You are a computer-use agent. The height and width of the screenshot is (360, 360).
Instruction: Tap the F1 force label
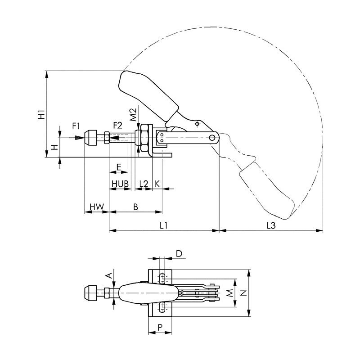(x=76, y=126)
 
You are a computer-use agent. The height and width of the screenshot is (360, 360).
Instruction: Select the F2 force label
(x=118, y=126)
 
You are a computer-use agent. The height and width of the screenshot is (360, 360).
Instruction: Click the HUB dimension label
(x=120, y=184)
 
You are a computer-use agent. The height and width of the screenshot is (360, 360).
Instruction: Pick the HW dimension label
(x=96, y=207)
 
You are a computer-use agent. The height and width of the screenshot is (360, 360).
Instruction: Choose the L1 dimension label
(x=163, y=225)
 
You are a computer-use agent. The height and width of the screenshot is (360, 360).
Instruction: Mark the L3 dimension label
(x=271, y=225)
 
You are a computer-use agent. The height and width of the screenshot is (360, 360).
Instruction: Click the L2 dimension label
(x=144, y=184)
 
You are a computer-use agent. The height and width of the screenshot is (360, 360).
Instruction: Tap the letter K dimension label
(x=157, y=184)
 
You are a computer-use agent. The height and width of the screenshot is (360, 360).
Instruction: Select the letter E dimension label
(x=118, y=167)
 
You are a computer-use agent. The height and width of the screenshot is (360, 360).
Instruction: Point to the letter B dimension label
(x=136, y=207)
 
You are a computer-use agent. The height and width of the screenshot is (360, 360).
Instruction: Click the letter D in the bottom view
(x=179, y=253)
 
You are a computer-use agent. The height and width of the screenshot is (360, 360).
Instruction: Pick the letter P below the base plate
(x=160, y=327)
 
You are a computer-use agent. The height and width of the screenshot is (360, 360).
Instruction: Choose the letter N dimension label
(x=244, y=292)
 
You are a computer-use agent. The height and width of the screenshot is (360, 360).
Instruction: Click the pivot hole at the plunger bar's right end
(x=212, y=138)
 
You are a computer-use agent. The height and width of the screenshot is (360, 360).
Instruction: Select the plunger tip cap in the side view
(x=91, y=138)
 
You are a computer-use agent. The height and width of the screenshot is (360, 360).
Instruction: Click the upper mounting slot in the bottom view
(x=162, y=278)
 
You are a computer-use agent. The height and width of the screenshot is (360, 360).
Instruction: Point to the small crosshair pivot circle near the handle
(x=197, y=124)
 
